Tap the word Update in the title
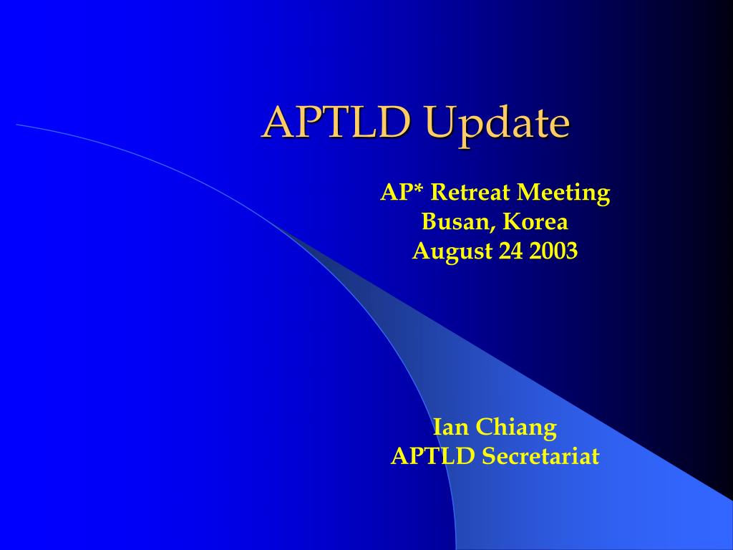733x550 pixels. coord(497,125)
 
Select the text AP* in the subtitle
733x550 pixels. coord(401,192)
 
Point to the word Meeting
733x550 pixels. coord(563,193)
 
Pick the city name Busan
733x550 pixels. coord(455,222)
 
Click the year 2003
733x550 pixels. coord(554,251)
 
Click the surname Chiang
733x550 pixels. coord(517,428)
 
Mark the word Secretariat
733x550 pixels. coord(541,456)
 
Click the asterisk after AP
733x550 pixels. coord(417,188)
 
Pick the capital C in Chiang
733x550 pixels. coord(484,427)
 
